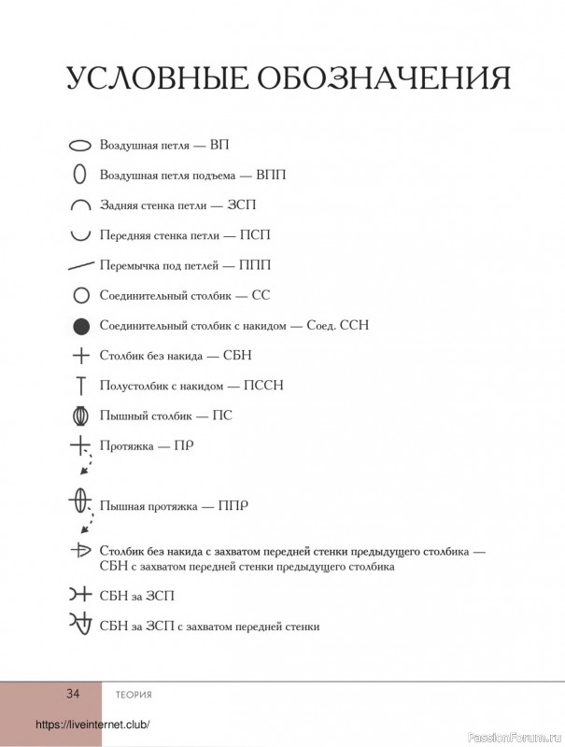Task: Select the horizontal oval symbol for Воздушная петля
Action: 80,147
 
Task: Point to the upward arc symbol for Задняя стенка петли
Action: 80,204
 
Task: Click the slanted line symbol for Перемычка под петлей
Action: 80,265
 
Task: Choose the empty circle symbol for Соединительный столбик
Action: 80,295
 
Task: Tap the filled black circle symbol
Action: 80,325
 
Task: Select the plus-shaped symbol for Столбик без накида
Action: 80,355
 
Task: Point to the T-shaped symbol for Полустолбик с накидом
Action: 80,384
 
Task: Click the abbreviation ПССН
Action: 263,385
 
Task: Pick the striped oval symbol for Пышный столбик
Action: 80,414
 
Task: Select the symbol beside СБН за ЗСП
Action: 79,594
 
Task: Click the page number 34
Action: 73,693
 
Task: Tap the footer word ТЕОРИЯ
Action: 134,694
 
